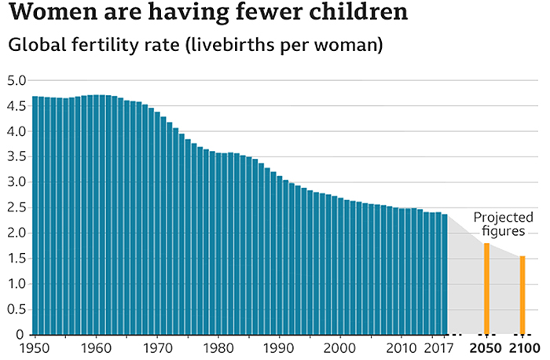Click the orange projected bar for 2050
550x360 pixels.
pos(486,289)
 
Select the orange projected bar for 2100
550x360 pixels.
pos(522,296)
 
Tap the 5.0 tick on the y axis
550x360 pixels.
pos(16,80)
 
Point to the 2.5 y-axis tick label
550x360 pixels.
pos(16,208)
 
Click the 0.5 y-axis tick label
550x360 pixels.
pos(16,309)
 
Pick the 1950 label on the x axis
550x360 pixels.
pos(35,347)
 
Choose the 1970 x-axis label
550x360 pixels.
pos(158,347)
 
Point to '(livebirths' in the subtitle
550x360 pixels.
pos(226,45)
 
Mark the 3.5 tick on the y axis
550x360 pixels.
pos(16,156)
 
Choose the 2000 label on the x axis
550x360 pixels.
pos(341,347)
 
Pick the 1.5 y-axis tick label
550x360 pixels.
pos(16,259)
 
